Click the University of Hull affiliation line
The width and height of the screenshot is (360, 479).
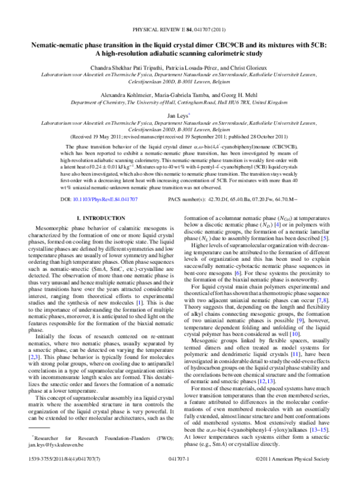(180, 102)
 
